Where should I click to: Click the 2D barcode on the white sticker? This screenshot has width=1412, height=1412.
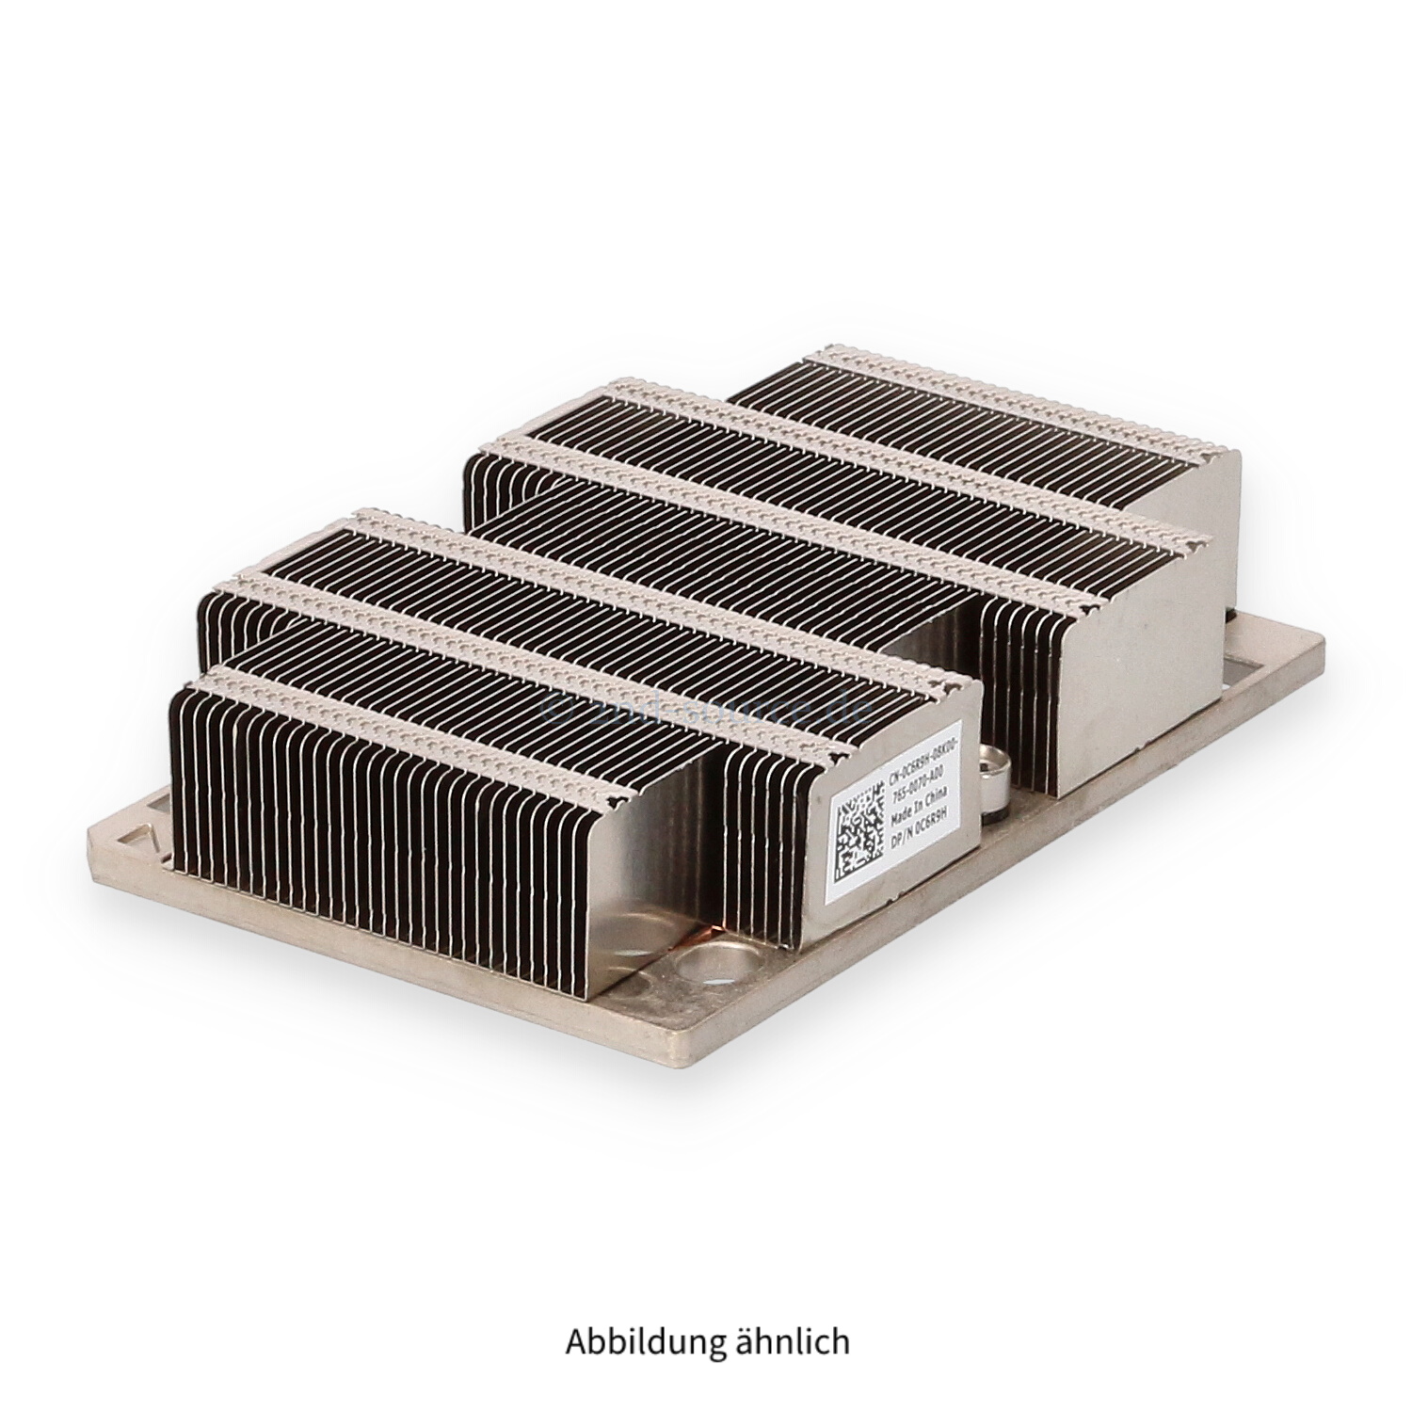pos(858,832)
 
